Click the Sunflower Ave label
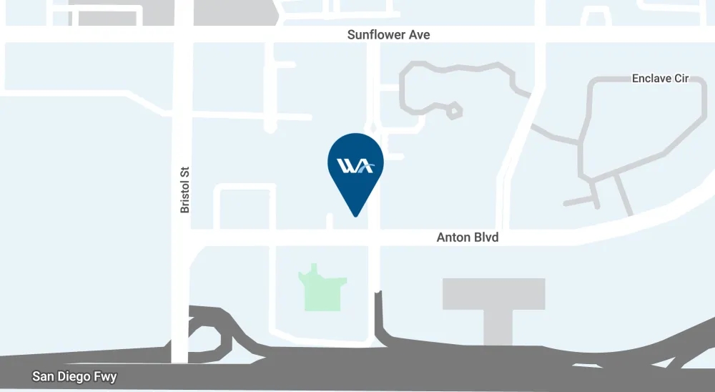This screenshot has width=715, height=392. (388, 34)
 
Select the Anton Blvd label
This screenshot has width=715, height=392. (467, 237)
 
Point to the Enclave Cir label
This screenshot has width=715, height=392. (660, 78)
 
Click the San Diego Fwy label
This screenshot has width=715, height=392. (74, 376)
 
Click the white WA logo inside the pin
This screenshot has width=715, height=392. (355, 166)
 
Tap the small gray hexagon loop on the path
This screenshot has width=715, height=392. (453, 111)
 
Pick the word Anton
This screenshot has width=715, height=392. (453, 237)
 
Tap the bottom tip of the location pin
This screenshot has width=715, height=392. (355, 215)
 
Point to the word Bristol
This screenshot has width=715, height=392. (184, 195)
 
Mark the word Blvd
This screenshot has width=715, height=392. (485, 237)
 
